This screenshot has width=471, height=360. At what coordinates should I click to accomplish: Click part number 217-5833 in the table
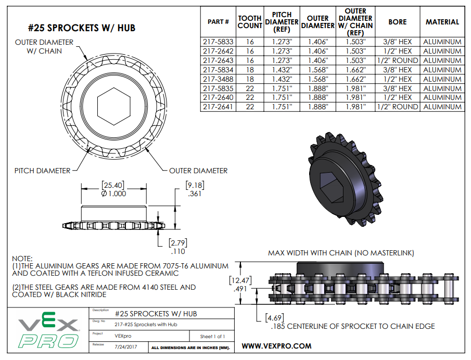218,42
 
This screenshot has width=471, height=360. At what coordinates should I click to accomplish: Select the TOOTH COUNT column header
249,22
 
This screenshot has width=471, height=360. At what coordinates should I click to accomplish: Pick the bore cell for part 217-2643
397,61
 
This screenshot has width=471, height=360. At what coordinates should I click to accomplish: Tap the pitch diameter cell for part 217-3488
282,79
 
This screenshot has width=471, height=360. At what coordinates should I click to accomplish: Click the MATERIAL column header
442,22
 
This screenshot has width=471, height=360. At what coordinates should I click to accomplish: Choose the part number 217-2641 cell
218,107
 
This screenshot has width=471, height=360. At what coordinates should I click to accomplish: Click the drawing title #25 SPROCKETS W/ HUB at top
81,28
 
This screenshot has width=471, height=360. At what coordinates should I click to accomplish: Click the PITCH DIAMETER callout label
43,171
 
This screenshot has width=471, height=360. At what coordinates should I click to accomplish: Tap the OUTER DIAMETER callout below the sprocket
198,171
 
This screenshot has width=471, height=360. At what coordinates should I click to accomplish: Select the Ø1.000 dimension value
114,193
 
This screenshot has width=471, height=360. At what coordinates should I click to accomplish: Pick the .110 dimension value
178,251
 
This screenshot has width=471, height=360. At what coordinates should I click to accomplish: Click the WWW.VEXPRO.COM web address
277,346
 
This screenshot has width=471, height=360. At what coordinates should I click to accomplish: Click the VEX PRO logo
48,333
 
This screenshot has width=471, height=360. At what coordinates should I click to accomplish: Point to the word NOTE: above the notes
22,259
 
